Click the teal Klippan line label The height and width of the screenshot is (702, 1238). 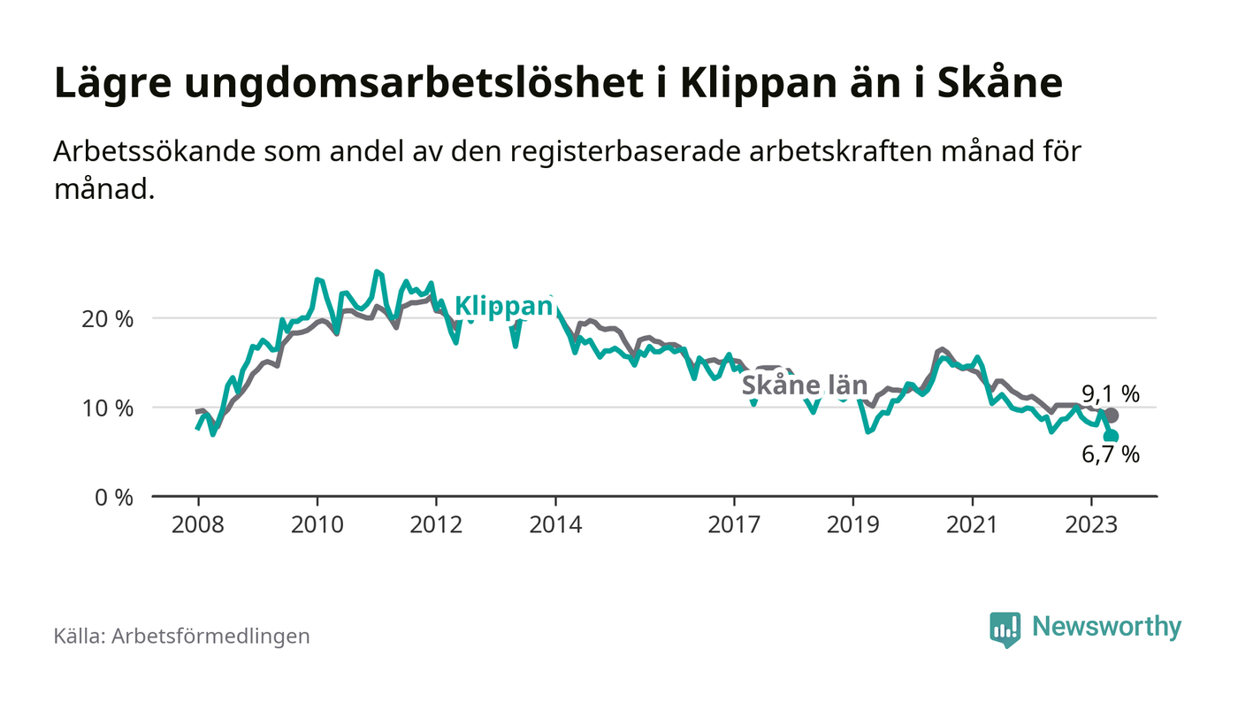pyautogui.click(x=503, y=307)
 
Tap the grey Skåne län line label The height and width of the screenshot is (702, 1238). pyautogui.click(x=804, y=385)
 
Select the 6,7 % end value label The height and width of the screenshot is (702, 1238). pyautogui.click(x=1111, y=455)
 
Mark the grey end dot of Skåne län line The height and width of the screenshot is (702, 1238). pyautogui.click(x=1112, y=416)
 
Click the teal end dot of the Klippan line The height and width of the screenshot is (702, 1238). pyautogui.click(x=1111, y=436)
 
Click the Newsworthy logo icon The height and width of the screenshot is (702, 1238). pyautogui.click(x=1005, y=629)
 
